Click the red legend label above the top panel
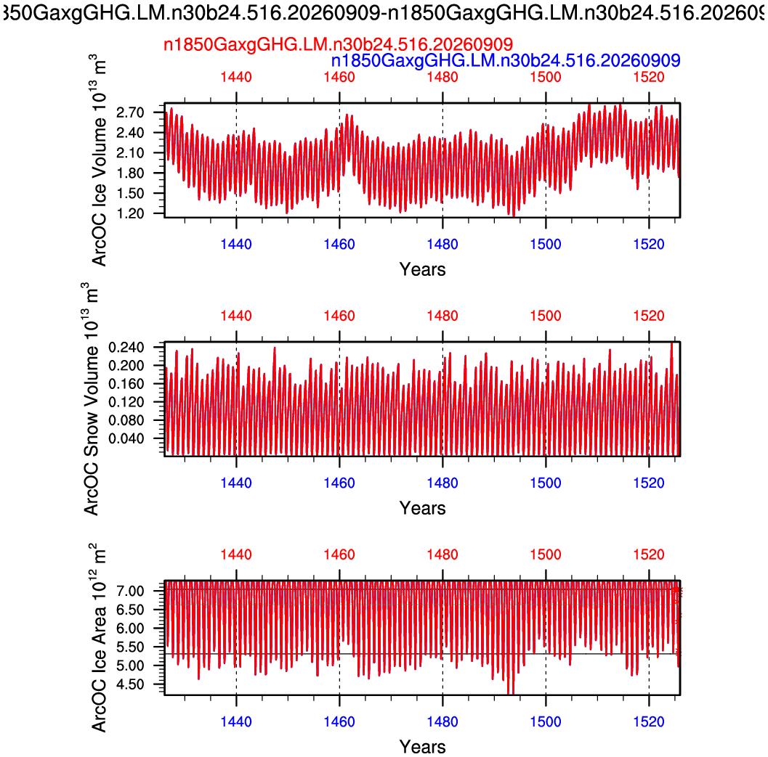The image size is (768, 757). pyautogui.click(x=338, y=44)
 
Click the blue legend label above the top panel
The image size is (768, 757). pyautogui.click(x=506, y=61)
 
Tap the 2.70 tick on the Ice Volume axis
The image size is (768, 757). pyautogui.click(x=130, y=112)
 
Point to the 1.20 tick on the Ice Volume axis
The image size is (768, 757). pyautogui.click(x=130, y=213)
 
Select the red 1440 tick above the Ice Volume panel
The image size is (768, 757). pyautogui.click(x=236, y=78)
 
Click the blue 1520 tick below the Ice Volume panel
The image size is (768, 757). pyautogui.click(x=649, y=244)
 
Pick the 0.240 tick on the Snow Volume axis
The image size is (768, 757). pyautogui.click(x=126, y=348)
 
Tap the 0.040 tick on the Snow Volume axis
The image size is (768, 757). pyautogui.click(x=126, y=438)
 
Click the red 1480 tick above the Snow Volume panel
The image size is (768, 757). pyautogui.click(x=442, y=316)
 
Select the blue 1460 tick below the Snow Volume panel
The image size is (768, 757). pyautogui.click(x=339, y=483)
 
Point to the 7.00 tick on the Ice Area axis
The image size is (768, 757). pyautogui.click(x=130, y=591)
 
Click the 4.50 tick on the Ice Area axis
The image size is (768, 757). pyautogui.click(x=130, y=684)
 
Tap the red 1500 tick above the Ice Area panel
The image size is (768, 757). pyautogui.click(x=546, y=555)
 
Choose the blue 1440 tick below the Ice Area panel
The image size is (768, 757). pyautogui.click(x=236, y=721)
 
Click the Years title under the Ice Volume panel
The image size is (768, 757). pyautogui.click(x=423, y=269)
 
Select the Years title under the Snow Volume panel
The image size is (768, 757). pyautogui.click(x=423, y=509)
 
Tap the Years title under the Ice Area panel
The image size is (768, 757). pyautogui.click(x=423, y=748)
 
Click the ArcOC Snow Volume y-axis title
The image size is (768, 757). pyautogui.click(x=91, y=398)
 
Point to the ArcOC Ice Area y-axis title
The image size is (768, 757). pyautogui.click(x=98, y=637)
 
